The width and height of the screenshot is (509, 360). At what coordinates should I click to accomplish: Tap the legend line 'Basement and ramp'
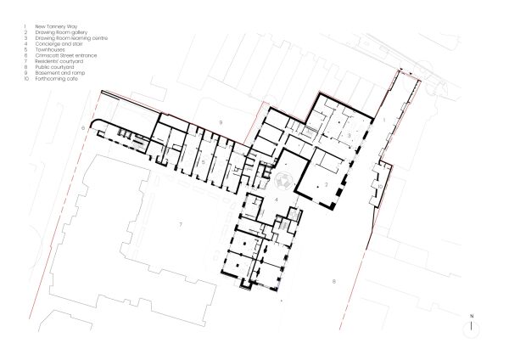click(53, 74)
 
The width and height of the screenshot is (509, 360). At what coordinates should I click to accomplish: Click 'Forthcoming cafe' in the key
click(52, 80)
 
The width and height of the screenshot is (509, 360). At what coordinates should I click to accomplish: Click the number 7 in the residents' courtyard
click(180, 223)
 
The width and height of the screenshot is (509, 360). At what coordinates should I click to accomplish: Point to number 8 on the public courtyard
click(333, 280)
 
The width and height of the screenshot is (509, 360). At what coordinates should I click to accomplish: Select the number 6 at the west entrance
click(83, 127)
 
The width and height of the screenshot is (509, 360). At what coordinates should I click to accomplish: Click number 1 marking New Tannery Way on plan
click(383, 121)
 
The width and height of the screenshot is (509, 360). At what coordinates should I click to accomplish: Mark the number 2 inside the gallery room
click(324, 183)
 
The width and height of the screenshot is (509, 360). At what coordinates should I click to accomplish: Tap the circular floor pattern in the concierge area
click(283, 178)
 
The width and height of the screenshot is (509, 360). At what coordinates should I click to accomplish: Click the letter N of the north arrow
click(471, 317)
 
